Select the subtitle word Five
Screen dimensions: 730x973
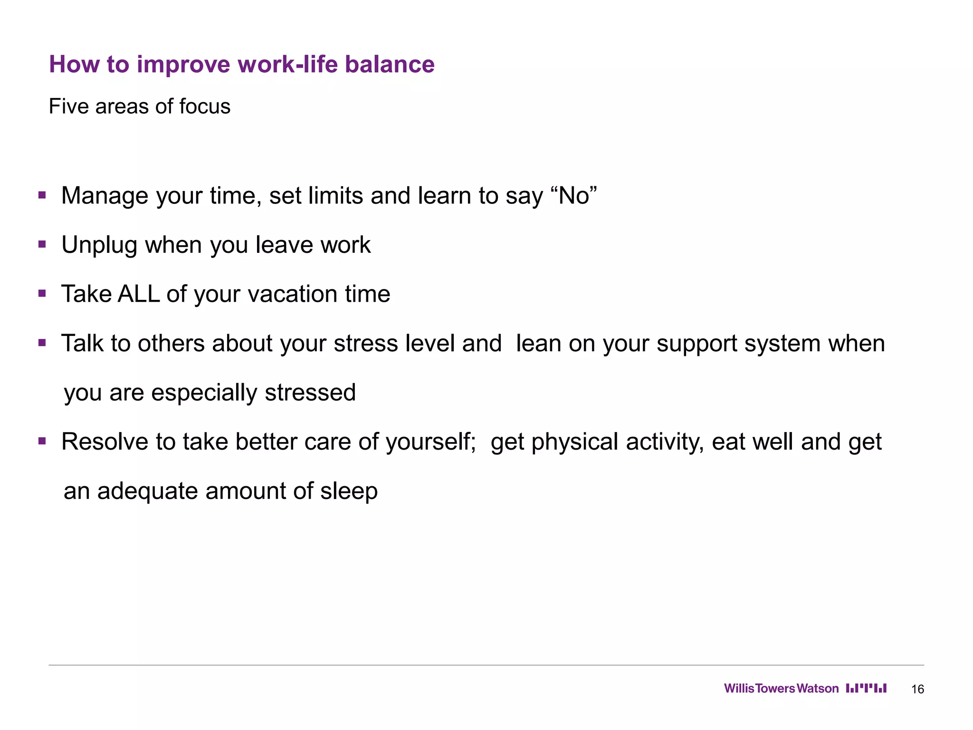(69, 106)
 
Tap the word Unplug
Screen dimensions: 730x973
(99, 245)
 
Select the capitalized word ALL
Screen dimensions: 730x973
(138, 294)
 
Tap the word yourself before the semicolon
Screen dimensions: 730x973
(430, 442)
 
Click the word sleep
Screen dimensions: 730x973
(349, 491)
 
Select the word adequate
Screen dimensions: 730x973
(147, 491)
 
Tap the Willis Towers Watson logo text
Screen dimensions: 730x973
(781, 689)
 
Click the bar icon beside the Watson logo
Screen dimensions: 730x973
(866, 688)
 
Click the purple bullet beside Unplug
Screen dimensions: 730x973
(42, 245)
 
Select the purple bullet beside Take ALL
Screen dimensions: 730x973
(42, 294)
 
